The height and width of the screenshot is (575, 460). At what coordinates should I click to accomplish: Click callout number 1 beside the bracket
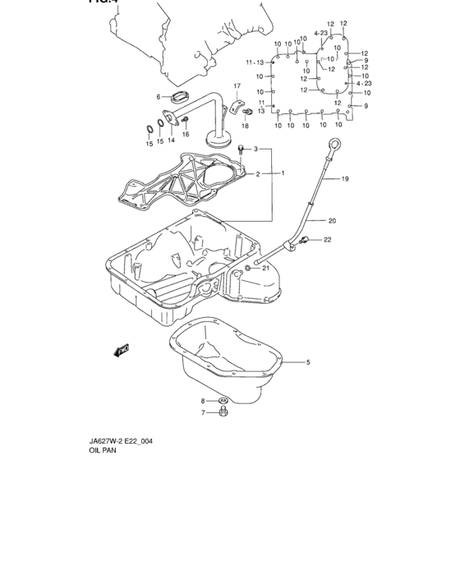coord(283,173)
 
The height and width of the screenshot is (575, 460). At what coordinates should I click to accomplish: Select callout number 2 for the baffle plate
coord(257,174)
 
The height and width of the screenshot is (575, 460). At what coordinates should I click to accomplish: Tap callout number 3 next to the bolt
coord(255,149)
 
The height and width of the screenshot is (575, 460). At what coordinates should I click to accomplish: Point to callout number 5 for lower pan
coord(308,362)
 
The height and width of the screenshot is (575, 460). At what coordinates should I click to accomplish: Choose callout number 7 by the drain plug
coord(204,413)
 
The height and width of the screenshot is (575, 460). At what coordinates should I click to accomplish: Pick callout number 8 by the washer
coord(204,401)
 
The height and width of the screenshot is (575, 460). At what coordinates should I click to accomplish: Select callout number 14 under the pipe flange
coord(171,140)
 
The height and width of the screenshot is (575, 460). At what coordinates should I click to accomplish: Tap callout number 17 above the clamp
coord(237,86)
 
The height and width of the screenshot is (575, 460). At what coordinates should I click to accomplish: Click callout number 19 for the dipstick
coord(345,178)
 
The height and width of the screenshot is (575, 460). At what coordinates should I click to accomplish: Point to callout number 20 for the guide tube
coord(333,220)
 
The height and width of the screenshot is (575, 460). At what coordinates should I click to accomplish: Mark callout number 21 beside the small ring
coord(266,268)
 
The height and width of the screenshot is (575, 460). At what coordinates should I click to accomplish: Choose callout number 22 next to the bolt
coord(327,240)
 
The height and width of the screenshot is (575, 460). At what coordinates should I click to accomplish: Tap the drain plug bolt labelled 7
coord(223,412)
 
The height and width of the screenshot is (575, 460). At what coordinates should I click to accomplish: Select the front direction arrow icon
coord(122,352)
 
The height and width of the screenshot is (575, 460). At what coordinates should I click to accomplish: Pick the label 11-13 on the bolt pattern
coord(254,62)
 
